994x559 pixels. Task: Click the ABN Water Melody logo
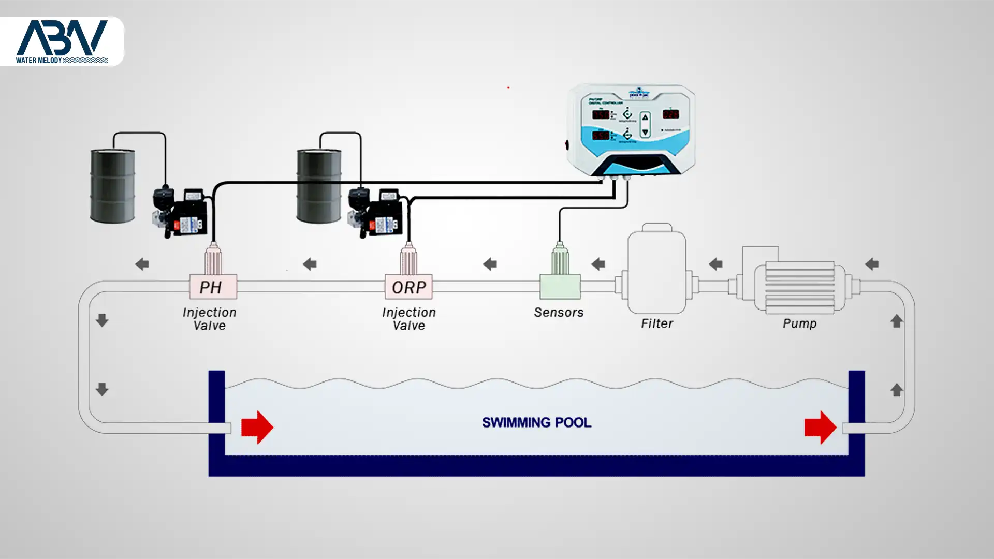pyautogui.click(x=62, y=41)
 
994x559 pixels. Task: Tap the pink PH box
pyautogui.click(x=213, y=287)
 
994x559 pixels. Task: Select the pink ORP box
pyautogui.click(x=408, y=287)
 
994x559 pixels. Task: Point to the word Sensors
pyautogui.click(x=559, y=313)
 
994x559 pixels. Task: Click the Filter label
pyautogui.click(x=657, y=323)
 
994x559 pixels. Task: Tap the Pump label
pyautogui.click(x=799, y=323)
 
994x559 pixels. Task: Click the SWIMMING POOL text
pyautogui.click(x=536, y=422)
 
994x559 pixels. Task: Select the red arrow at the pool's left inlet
pyautogui.click(x=257, y=428)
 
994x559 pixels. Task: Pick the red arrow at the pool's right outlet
pyautogui.click(x=820, y=428)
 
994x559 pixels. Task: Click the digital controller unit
pyautogui.click(x=632, y=129)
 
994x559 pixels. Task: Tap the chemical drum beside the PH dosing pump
pyautogui.click(x=112, y=186)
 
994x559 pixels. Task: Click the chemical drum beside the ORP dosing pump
pyautogui.click(x=319, y=186)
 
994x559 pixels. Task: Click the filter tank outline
pyautogui.click(x=656, y=269)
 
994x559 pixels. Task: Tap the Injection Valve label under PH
pyautogui.click(x=209, y=319)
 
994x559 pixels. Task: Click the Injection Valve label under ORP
pyautogui.click(x=408, y=319)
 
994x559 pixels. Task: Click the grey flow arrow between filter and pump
pyautogui.click(x=715, y=264)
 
